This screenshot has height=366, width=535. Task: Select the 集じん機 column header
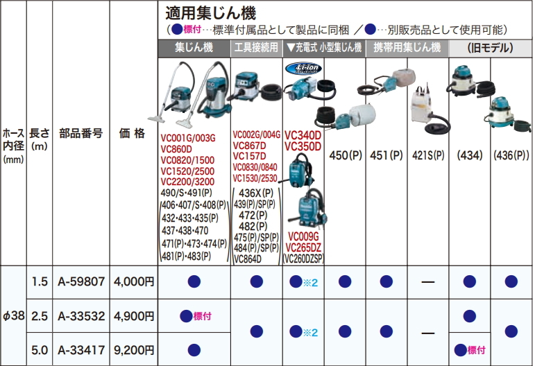[x=193, y=48]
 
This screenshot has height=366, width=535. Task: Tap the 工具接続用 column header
[x=256, y=48]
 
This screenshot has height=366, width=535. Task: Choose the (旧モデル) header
[x=491, y=48]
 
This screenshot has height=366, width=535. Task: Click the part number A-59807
[x=81, y=282]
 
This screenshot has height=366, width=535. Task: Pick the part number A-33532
[x=81, y=316]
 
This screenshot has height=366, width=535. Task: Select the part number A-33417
[x=81, y=350]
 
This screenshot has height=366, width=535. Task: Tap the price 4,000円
[x=133, y=282]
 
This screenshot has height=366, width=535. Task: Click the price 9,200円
[x=133, y=350]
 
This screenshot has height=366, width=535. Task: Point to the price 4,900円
[x=133, y=316]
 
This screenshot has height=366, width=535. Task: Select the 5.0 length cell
[x=39, y=350]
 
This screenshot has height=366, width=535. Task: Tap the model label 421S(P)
[x=428, y=155]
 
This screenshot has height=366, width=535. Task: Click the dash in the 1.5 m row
[x=428, y=282]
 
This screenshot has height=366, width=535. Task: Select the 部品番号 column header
[x=81, y=133]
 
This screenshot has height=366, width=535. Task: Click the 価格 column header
[x=133, y=133]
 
